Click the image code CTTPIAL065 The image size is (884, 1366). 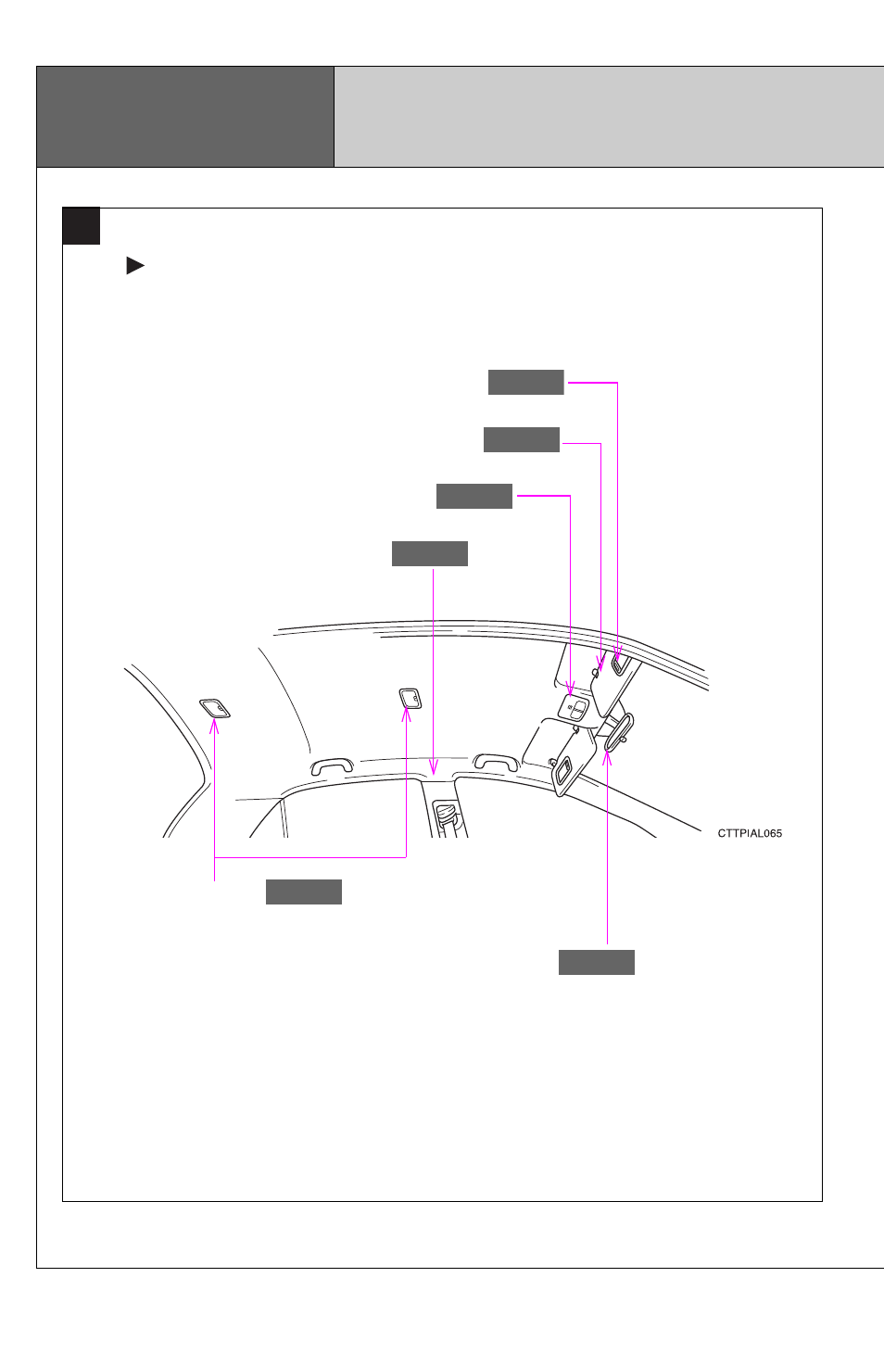click(750, 833)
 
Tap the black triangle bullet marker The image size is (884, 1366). click(134, 266)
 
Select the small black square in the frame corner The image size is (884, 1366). click(82, 226)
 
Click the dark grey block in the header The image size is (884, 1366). click(185, 117)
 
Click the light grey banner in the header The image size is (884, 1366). click(609, 117)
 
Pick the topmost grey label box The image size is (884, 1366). click(526, 383)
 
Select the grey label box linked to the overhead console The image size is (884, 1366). click(474, 496)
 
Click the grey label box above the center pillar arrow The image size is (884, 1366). click(430, 553)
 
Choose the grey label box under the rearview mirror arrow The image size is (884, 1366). click(596, 962)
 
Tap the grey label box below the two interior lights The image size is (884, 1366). click(304, 892)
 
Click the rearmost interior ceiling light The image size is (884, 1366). click(215, 709)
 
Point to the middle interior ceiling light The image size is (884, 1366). click(410, 698)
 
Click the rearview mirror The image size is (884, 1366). click(619, 732)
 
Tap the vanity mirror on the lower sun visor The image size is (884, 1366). click(563, 771)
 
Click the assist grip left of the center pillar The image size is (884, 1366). click(332, 765)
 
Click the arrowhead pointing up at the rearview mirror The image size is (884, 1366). click(607, 758)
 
